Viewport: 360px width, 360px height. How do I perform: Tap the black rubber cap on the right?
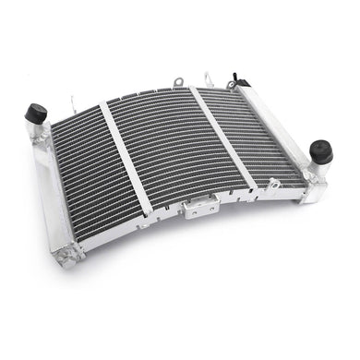(321, 150)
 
